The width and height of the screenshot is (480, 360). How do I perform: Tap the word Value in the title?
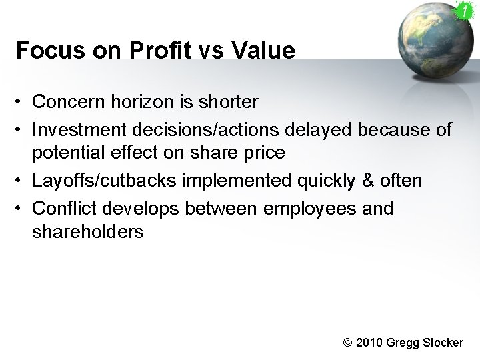pos(265,51)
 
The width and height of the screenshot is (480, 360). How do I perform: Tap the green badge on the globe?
pos(463,11)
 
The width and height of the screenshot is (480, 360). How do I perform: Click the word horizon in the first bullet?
pos(148,102)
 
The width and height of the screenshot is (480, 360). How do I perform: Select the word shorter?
pos(226,102)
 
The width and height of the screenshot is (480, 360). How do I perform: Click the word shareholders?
pos(87,233)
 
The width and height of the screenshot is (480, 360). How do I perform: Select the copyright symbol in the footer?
pos(347,343)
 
